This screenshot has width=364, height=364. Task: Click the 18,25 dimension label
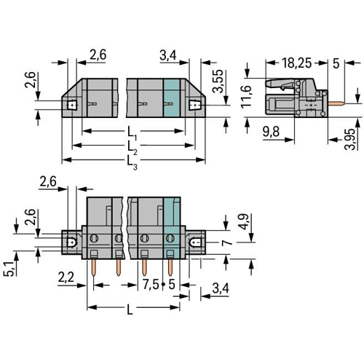[x=296, y=63]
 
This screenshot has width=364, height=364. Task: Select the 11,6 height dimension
[x=246, y=96]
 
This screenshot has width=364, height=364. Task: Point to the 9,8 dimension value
[x=271, y=132]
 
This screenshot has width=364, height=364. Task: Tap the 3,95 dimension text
[x=350, y=139]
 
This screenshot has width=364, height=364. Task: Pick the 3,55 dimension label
[x=218, y=81]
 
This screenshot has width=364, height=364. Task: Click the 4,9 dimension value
[x=243, y=221]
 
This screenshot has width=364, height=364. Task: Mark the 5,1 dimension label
[x=9, y=269]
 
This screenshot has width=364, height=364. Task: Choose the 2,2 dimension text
[x=66, y=277]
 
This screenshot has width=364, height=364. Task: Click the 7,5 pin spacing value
[x=151, y=285]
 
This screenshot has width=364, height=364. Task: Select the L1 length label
[x=132, y=134]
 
